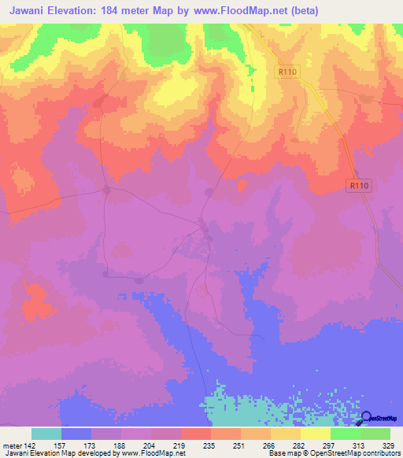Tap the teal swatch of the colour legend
[46, 434]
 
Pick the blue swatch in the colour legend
[76, 434]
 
